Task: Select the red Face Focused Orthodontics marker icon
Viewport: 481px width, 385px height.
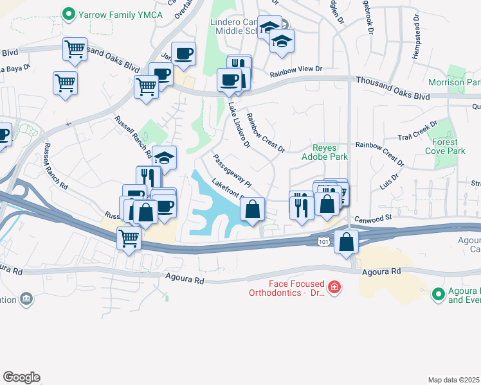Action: tap(334, 287)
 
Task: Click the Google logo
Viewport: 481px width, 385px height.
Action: tap(22, 377)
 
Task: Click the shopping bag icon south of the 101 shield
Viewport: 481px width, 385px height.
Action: tap(347, 242)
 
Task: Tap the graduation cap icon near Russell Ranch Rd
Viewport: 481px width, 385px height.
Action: tap(164, 158)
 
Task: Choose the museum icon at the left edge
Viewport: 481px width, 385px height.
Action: tap(26, 299)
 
